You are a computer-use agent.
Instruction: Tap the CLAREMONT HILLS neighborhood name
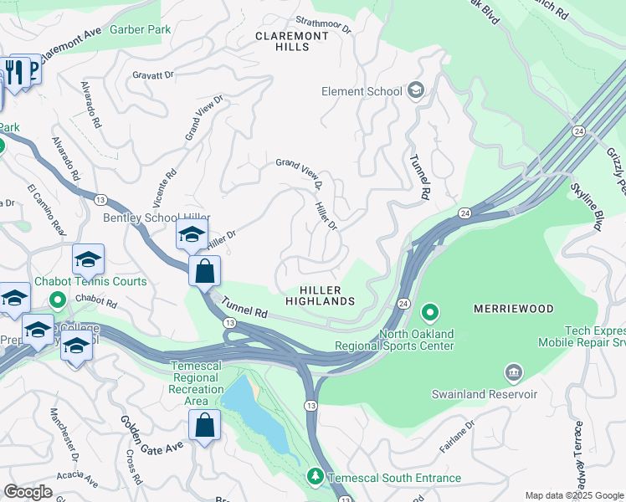[291, 43]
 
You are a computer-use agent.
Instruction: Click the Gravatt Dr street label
[153, 75]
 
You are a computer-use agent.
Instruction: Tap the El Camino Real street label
[46, 207]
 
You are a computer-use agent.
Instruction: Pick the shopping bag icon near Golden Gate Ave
[204, 426]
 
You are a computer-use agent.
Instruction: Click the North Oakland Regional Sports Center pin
[430, 314]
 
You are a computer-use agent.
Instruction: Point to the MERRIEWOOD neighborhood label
[514, 309]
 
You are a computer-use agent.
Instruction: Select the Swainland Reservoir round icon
[512, 371]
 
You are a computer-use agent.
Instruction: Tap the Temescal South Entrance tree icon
[315, 477]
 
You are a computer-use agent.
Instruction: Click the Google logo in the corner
[28, 491]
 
